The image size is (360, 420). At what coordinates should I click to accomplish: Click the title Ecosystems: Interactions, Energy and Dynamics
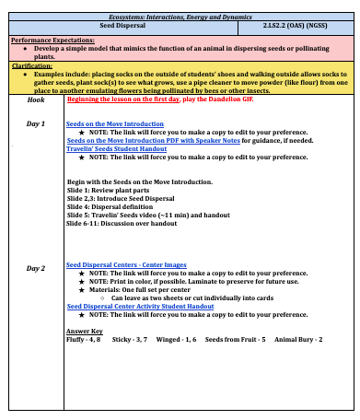click(x=180, y=18)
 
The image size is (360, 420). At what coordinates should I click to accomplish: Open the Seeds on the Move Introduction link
click(x=108, y=122)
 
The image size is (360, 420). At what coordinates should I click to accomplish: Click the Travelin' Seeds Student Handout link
click(x=115, y=148)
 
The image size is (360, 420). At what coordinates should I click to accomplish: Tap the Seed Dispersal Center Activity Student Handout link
click(x=141, y=307)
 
